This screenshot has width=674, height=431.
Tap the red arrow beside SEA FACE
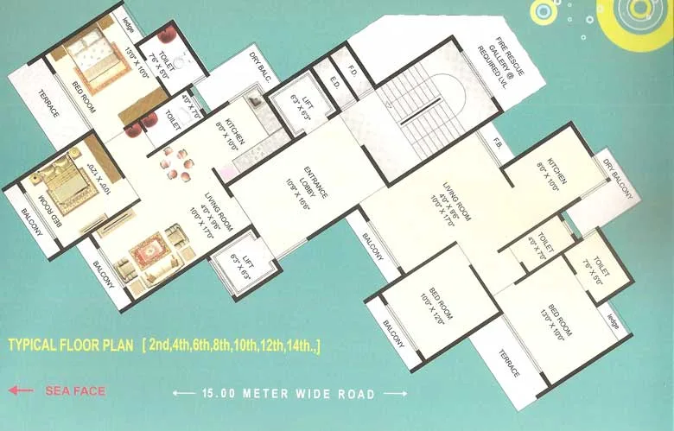[x=21, y=390]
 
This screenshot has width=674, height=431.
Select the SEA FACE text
[x=75, y=390]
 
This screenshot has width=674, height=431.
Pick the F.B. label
[x=498, y=140]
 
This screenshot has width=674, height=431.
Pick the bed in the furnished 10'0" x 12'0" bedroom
[x=60, y=185]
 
